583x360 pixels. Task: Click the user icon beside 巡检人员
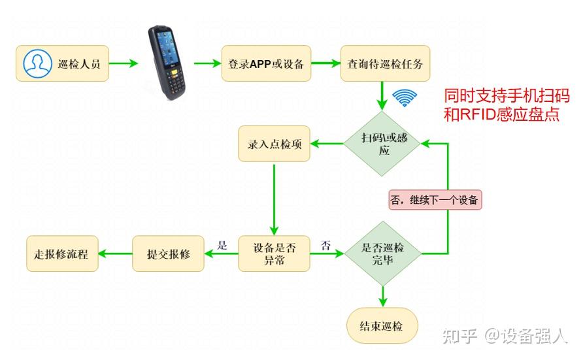point(37,63)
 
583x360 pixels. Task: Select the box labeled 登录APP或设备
point(266,63)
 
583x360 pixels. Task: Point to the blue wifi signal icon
point(405,98)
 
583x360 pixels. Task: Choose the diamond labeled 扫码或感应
point(382,143)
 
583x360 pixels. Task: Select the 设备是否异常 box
point(274,254)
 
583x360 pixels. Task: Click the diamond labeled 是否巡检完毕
point(382,254)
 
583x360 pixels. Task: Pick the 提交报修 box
point(168,254)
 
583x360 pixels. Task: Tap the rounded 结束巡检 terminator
point(382,325)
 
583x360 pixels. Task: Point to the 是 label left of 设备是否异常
point(222,246)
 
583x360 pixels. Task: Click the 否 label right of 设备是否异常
point(325,246)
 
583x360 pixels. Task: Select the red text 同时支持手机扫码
point(507,96)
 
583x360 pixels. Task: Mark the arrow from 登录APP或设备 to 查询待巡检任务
point(325,63)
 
